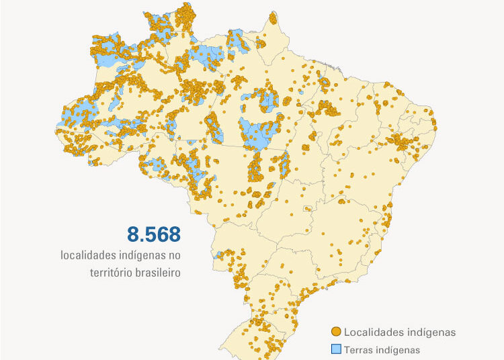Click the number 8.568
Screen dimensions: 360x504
(x=154, y=234)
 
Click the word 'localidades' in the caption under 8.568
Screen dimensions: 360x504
(x=85, y=255)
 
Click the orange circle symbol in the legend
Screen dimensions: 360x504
(x=336, y=332)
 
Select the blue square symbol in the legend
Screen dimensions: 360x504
(x=336, y=349)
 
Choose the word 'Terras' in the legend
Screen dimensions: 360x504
(x=359, y=349)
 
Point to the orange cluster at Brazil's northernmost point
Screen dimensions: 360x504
(x=183, y=12)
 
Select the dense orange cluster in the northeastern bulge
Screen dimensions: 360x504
(x=403, y=142)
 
